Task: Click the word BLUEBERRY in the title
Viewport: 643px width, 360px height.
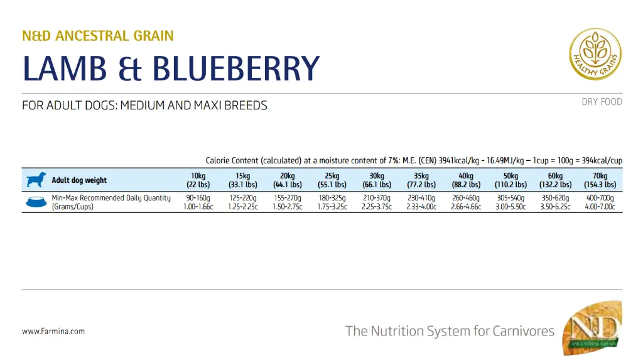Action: (x=236, y=68)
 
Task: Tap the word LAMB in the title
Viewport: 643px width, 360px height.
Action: (x=64, y=68)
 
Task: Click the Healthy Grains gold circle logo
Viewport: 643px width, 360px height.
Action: (x=595, y=54)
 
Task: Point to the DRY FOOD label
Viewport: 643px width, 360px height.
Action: (x=602, y=102)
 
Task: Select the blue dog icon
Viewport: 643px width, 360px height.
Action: (x=36, y=180)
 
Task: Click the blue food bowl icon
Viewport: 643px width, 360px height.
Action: (x=36, y=202)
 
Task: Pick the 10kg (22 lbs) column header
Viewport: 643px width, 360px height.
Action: (x=198, y=180)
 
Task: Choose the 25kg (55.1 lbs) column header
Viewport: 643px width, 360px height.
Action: (x=332, y=180)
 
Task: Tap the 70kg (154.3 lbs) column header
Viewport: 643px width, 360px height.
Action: (x=600, y=180)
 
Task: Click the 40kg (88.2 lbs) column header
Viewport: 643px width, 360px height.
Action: (x=466, y=180)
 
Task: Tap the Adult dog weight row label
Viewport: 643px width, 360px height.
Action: (x=79, y=180)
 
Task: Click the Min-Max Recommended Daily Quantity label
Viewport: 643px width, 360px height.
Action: (x=111, y=198)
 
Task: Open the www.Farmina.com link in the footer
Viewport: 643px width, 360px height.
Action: (x=53, y=331)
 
